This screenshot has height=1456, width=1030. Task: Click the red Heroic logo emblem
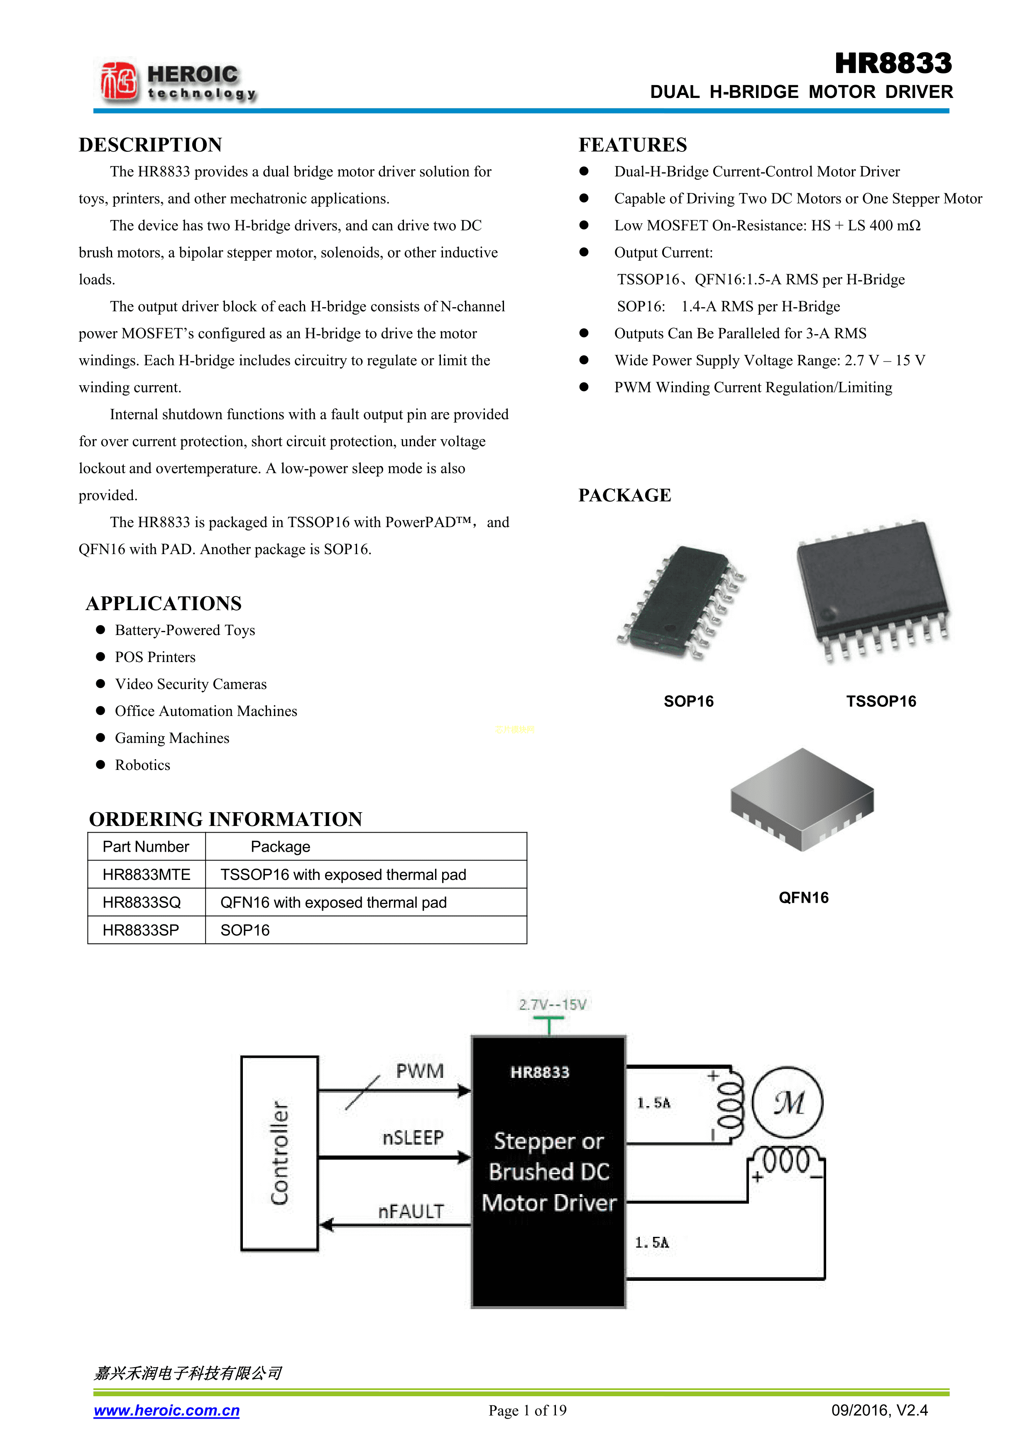pyautogui.click(x=119, y=81)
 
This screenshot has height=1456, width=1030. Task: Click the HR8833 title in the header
pyautogui.click(x=893, y=64)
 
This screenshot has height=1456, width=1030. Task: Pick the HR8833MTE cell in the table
pyautogui.click(x=147, y=875)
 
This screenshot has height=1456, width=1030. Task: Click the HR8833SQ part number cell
pyautogui.click(x=142, y=902)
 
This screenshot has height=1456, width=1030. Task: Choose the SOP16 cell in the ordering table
pyautogui.click(x=245, y=930)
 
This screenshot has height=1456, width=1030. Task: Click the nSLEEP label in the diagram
pyautogui.click(x=413, y=1138)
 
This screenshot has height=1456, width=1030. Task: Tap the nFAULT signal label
pyautogui.click(x=411, y=1211)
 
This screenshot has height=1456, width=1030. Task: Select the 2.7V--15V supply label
pyautogui.click(x=553, y=1004)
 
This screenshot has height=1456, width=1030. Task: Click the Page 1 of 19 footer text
pyautogui.click(x=528, y=1410)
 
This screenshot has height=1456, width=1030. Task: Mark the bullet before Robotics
pyautogui.click(x=100, y=765)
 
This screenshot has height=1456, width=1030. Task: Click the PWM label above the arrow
pyautogui.click(x=420, y=1071)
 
